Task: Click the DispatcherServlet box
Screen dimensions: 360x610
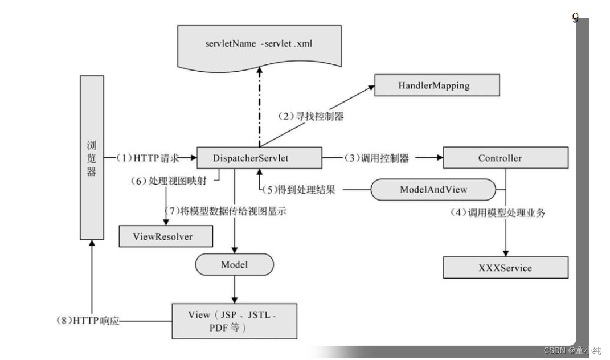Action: pyautogui.click(x=259, y=158)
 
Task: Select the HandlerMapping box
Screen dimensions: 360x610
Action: pyautogui.click(x=436, y=85)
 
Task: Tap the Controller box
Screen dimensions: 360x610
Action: pyautogui.click(x=505, y=158)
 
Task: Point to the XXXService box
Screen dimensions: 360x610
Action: pyautogui.click(x=505, y=267)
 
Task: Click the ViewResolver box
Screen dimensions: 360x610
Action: pyautogui.click(x=166, y=236)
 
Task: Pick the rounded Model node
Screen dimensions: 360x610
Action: pyautogui.click(x=234, y=265)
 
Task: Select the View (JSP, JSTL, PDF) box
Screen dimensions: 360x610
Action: pyautogui.click(x=234, y=321)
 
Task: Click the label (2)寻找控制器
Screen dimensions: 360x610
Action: pyautogui.click(x=310, y=116)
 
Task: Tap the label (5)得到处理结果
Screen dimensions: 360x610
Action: pyautogui.click(x=301, y=190)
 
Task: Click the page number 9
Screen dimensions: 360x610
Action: pyautogui.click(x=575, y=18)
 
